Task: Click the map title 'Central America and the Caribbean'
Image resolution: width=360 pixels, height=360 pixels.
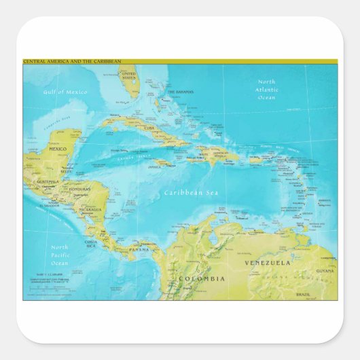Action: coord(72,62)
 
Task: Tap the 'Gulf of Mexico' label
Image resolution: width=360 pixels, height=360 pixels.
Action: coord(65,92)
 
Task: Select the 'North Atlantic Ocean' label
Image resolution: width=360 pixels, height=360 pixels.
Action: coord(267,90)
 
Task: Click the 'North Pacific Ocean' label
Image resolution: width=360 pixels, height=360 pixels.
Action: coord(60,255)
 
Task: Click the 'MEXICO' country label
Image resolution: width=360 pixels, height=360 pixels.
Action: coord(58,149)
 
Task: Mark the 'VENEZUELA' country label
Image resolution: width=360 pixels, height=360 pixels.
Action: coord(268,262)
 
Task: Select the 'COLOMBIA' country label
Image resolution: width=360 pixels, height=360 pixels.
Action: coord(202,278)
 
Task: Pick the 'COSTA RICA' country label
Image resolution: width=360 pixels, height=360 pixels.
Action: coord(91,243)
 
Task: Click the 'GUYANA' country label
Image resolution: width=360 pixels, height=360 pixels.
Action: coord(325,270)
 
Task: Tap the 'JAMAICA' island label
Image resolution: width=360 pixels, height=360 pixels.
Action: coord(156,164)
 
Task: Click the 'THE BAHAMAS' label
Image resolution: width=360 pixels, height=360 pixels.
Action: coord(180,92)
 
